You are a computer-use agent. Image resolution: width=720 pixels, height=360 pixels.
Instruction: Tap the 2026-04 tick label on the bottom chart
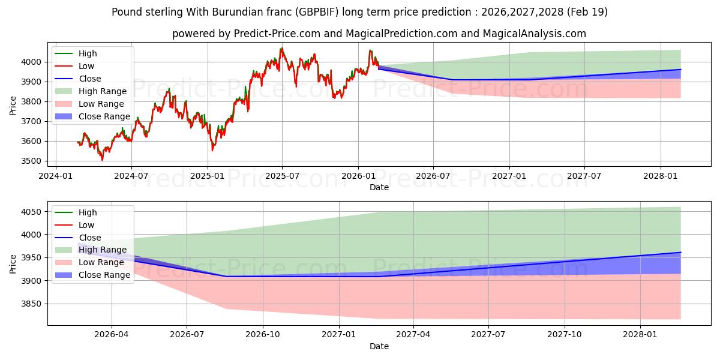[112, 334]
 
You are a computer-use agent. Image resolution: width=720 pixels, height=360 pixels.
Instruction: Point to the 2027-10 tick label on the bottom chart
[565, 334]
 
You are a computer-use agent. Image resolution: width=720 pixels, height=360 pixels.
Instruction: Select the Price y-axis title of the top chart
[13, 106]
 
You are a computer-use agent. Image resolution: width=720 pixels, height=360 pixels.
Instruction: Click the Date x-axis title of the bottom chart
[379, 346]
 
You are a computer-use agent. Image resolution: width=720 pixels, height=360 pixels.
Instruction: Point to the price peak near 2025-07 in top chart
[282, 49]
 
